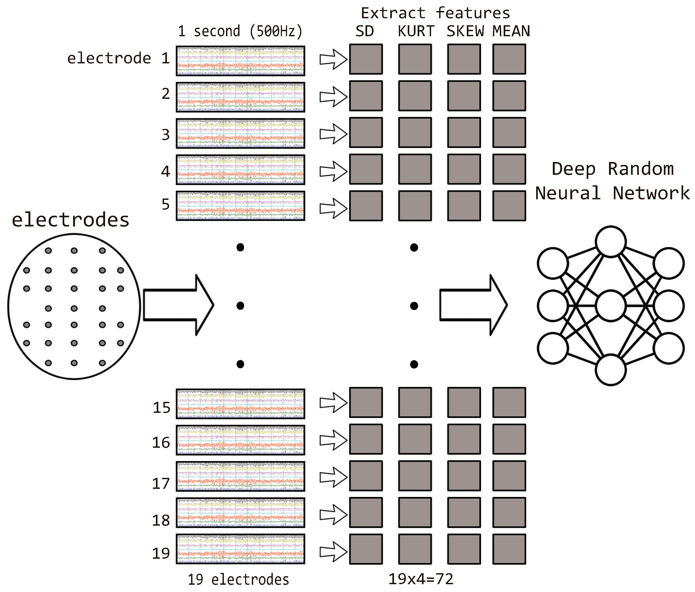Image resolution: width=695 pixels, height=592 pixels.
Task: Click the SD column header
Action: (x=365, y=31)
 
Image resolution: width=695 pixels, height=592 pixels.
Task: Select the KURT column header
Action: (x=416, y=31)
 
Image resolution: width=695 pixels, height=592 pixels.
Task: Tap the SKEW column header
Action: (x=465, y=31)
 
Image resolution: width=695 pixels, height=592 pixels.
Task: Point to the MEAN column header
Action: (x=511, y=31)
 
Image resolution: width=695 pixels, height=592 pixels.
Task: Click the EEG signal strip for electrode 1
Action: (x=240, y=61)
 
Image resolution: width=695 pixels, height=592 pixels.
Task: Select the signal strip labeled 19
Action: (x=240, y=549)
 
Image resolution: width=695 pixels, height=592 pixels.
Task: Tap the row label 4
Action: (x=165, y=172)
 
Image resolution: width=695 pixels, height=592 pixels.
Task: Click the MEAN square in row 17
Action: (x=509, y=476)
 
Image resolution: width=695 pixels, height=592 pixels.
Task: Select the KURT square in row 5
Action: (x=415, y=206)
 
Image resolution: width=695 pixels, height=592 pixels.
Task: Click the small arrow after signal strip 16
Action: (x=333, y=440)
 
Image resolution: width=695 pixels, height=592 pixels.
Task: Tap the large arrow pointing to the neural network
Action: (x=473, y=305)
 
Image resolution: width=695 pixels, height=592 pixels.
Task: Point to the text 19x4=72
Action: (x=421, y=579)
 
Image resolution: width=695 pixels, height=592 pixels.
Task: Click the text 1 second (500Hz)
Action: (x=240, y=31)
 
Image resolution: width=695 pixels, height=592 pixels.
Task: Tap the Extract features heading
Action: (x=435, y=13)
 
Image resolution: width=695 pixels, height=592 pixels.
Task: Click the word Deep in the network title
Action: (x=573, y=169)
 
